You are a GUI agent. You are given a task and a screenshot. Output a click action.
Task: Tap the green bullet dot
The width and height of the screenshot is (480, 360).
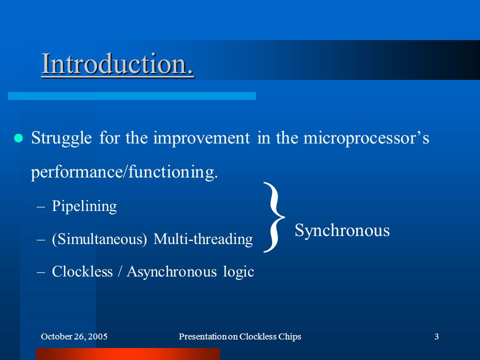(x=18, y=138)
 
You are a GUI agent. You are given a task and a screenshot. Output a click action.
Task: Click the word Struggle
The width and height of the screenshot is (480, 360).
(x=61, y=138)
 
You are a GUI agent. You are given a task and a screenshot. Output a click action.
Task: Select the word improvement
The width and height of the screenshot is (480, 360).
(x=201, y=138)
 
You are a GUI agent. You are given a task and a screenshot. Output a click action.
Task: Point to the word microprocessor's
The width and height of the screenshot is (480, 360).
(x=366, y=138)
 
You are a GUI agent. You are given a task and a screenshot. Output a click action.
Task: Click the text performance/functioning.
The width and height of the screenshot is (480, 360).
(x=124, y=171)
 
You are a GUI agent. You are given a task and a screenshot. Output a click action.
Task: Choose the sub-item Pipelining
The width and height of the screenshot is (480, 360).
(x=84, y=206)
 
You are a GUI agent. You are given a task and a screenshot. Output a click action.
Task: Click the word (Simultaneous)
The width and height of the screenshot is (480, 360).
(x=99, y=239)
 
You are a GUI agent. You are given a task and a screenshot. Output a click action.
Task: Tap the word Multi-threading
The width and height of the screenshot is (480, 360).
(x=203, y=239)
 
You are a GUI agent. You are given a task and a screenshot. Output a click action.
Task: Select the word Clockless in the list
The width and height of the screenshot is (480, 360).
(x=82, y=271)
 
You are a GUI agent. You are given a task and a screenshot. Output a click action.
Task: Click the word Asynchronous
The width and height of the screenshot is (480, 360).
(x=171, y=272)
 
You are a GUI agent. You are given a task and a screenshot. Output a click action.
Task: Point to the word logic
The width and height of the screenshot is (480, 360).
(x=238, y=272)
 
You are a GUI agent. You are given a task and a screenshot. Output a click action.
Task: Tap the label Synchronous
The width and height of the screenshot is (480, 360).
(x=342, y=230)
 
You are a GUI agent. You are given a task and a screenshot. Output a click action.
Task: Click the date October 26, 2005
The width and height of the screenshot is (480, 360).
(x=74, y=336)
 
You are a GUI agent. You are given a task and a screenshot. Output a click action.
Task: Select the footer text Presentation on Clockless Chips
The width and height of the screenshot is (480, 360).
(x=240, y=336)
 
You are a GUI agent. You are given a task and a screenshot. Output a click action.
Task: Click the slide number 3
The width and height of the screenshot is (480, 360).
(x=436, y=336)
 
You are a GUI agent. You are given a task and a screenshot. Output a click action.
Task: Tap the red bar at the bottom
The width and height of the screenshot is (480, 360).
(x=128, y=354)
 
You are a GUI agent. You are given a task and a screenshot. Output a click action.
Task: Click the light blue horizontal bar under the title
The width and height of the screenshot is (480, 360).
(x=132, y=96)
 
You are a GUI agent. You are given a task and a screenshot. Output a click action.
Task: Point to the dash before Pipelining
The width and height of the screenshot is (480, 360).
(x=40, y=206)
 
